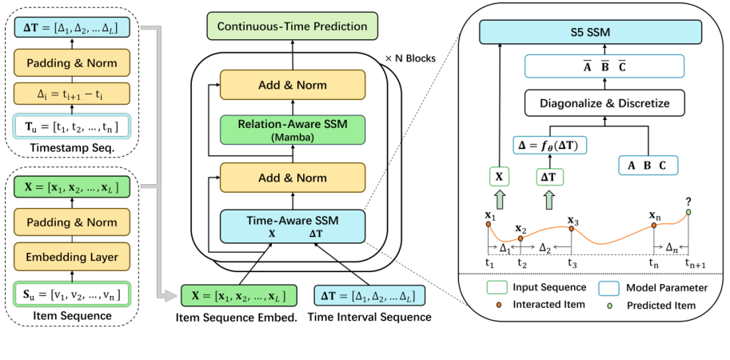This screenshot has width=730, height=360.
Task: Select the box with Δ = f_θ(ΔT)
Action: [552, 146]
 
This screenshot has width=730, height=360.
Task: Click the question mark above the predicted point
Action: [688, 202]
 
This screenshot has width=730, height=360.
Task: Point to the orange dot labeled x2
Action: [521, 238]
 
